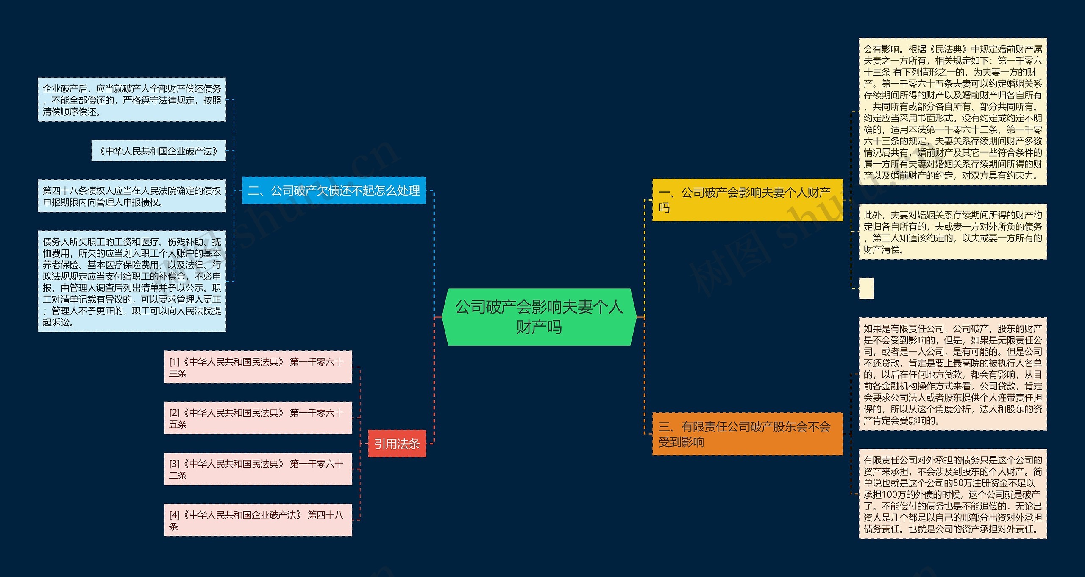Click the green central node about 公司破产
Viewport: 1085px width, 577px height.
click(539, 317)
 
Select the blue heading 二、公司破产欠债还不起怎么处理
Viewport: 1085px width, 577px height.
click(334, 190)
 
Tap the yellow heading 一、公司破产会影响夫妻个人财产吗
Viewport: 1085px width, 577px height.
click(747, 200)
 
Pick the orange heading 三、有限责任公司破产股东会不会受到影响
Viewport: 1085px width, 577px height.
click(747, 434)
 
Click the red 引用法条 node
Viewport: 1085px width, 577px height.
click(397, 443)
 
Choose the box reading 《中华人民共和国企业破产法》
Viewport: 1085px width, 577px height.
click(159, 151)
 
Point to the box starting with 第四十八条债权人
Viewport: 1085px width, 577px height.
click(132, 196)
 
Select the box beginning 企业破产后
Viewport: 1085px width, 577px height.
click(132, 100)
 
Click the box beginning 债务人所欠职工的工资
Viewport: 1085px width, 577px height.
click(132, 281)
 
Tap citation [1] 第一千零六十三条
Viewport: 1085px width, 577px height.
click(258, 367)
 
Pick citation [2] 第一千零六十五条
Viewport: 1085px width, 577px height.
click(258, 418)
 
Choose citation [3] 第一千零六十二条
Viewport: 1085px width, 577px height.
click(258, 469)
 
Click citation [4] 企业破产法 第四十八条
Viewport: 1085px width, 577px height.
click(258, 520)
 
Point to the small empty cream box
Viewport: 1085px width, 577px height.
click(866, 288)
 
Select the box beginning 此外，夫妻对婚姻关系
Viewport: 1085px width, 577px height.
click(952, 232)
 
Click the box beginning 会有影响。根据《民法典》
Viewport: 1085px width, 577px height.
click(952, 112)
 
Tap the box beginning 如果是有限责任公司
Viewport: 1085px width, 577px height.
click(952, 374)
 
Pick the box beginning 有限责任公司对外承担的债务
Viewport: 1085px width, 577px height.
click(952, 494)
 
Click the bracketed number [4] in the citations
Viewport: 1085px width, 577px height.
click(174, 515)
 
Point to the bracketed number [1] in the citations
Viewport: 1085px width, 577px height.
click(174, 362)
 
